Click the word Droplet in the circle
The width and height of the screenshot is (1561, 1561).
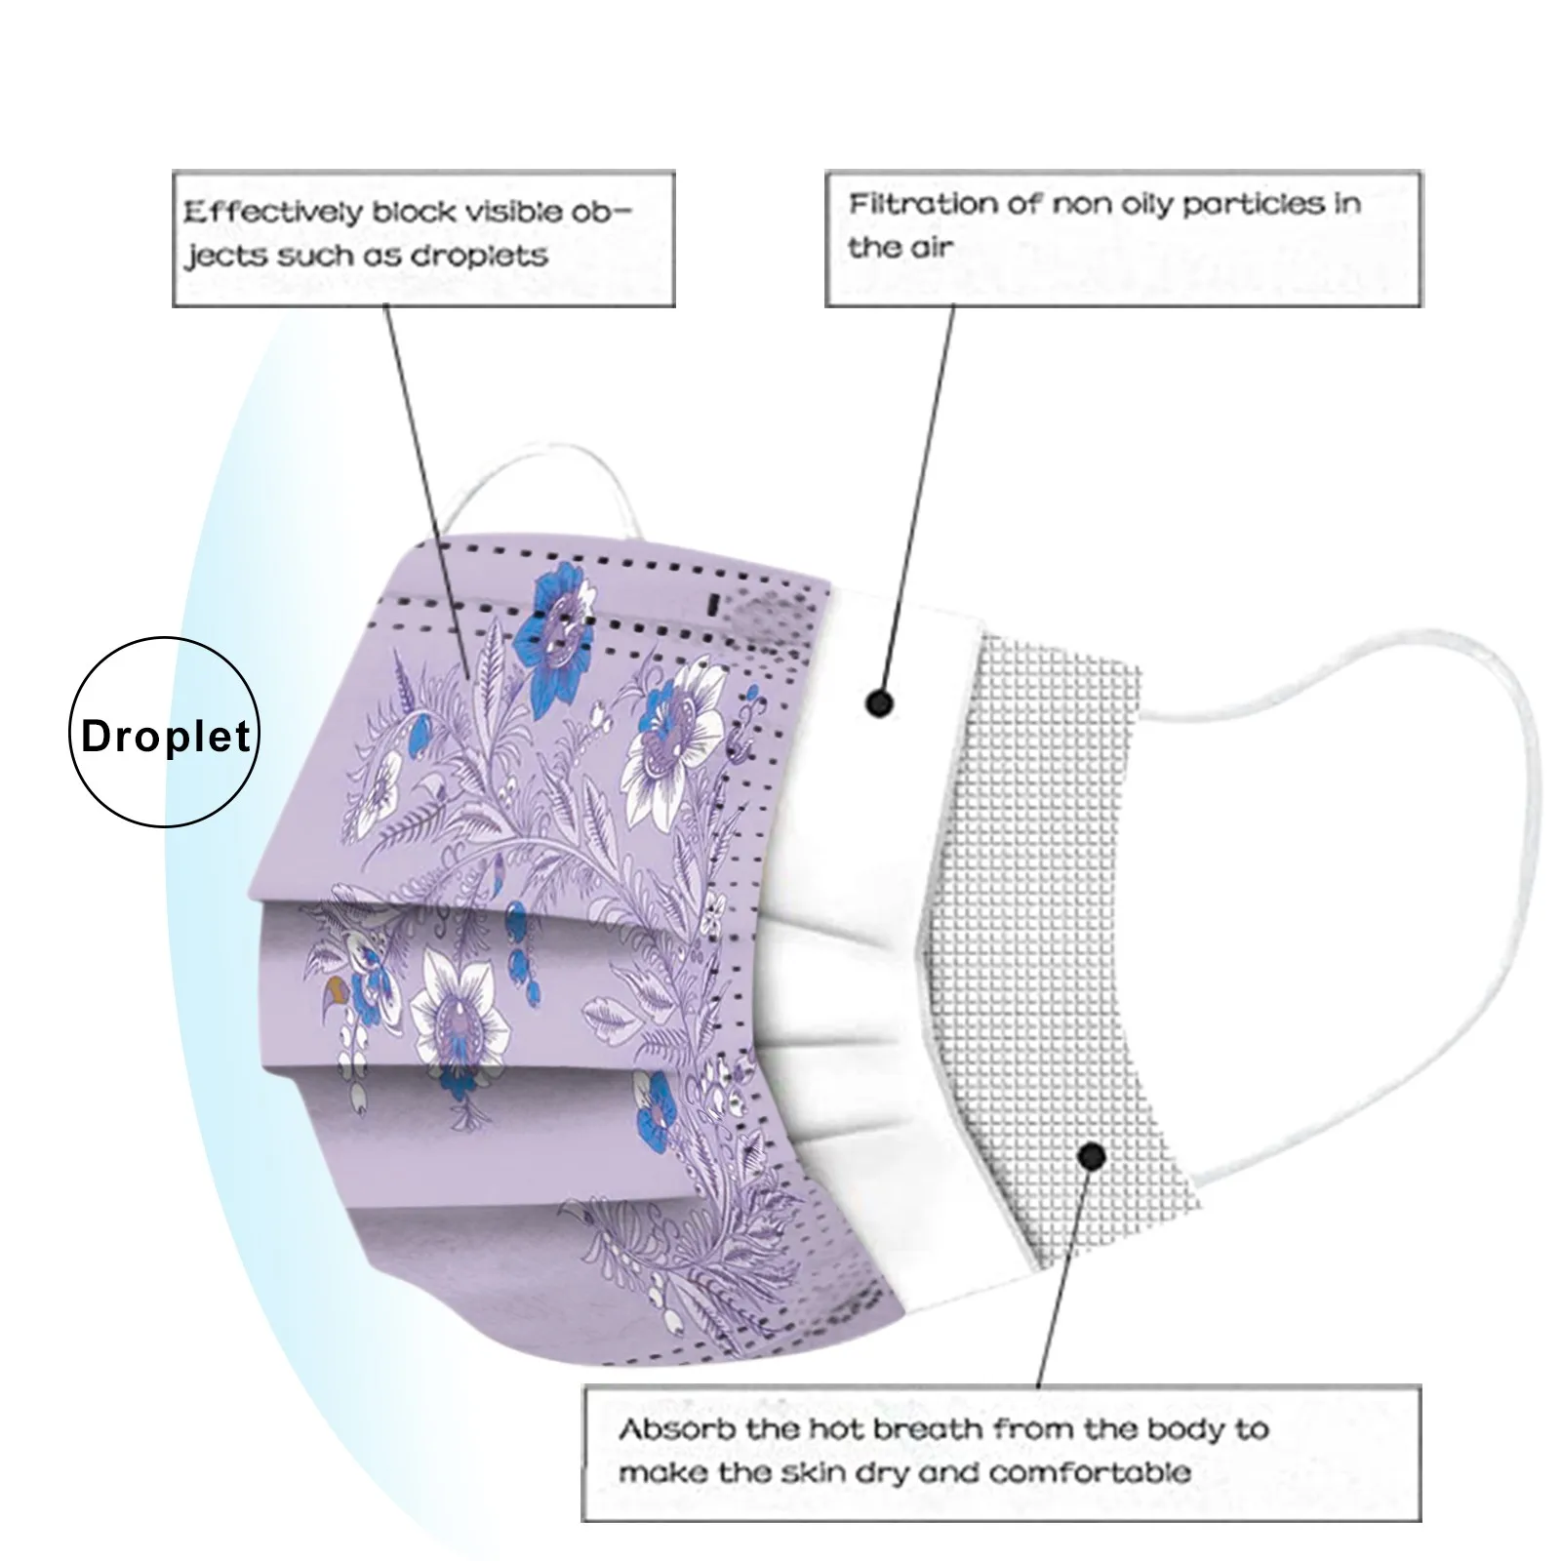click(x=165, y=738)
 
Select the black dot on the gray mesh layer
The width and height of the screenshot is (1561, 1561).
click(x=1093, y=1157)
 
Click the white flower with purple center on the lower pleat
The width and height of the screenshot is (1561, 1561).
click(x=459, y=1015)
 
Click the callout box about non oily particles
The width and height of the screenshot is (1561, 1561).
click(x=1122, y=239)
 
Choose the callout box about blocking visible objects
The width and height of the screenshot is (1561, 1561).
click(x=423, y=239)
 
